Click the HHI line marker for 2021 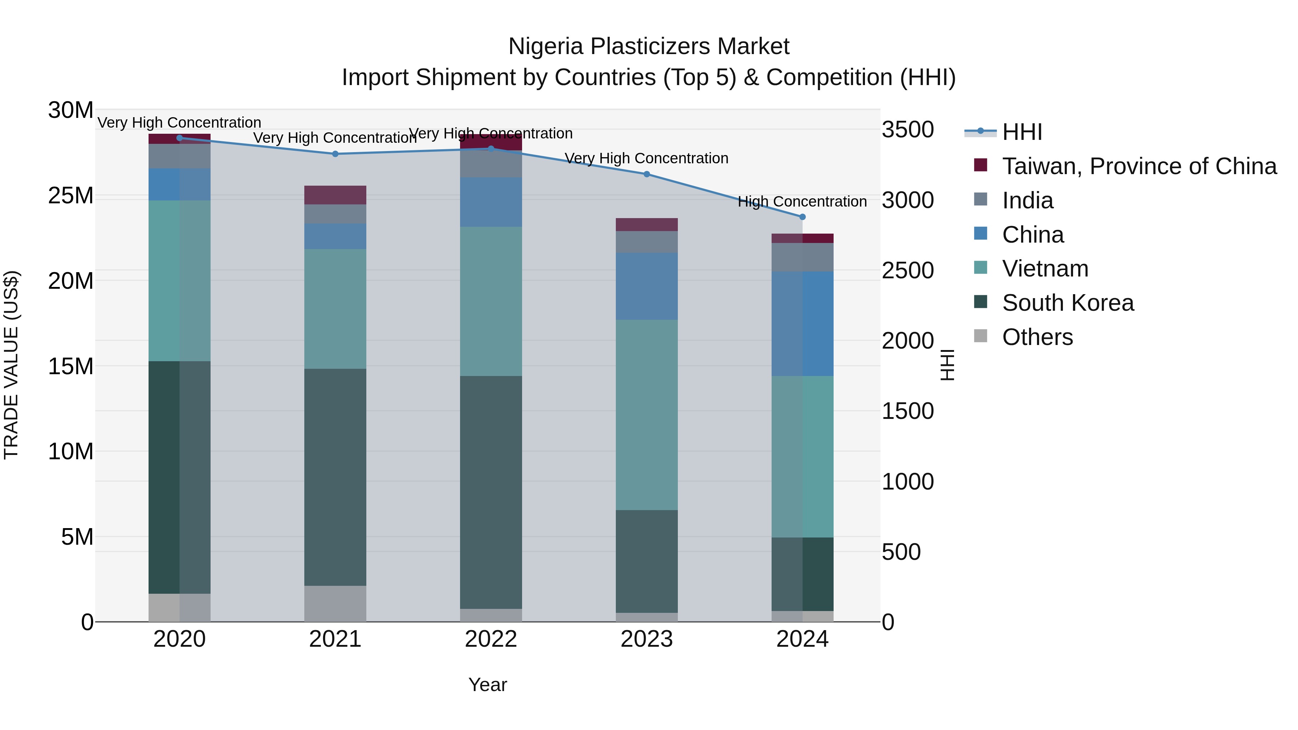335,154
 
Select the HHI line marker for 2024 802,217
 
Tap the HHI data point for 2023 646,174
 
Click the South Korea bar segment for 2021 335,477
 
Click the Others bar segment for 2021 335,603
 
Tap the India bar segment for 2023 646,242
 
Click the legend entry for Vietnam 1045,269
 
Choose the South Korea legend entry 1067,303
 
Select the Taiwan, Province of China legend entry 1139,166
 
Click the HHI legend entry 1021,132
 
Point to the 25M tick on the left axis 71,195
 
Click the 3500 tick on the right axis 908,129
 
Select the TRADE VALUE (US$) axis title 11,365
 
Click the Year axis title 487,685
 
